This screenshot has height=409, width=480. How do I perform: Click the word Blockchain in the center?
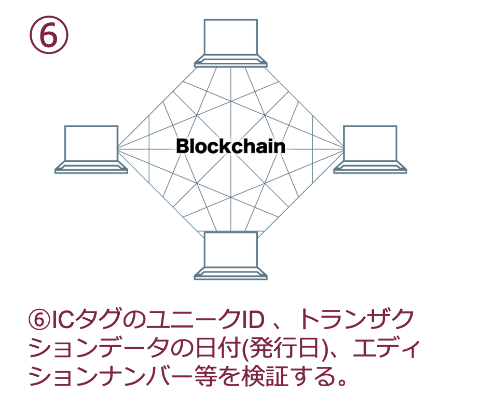[230, 146]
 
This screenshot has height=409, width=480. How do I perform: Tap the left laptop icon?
[91, 149]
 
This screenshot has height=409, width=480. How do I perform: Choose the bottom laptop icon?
[230, 255]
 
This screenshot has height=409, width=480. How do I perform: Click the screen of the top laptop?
[230, 37]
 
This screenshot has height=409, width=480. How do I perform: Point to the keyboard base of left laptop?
[91, 167]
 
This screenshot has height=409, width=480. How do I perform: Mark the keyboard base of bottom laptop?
[230, 274]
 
